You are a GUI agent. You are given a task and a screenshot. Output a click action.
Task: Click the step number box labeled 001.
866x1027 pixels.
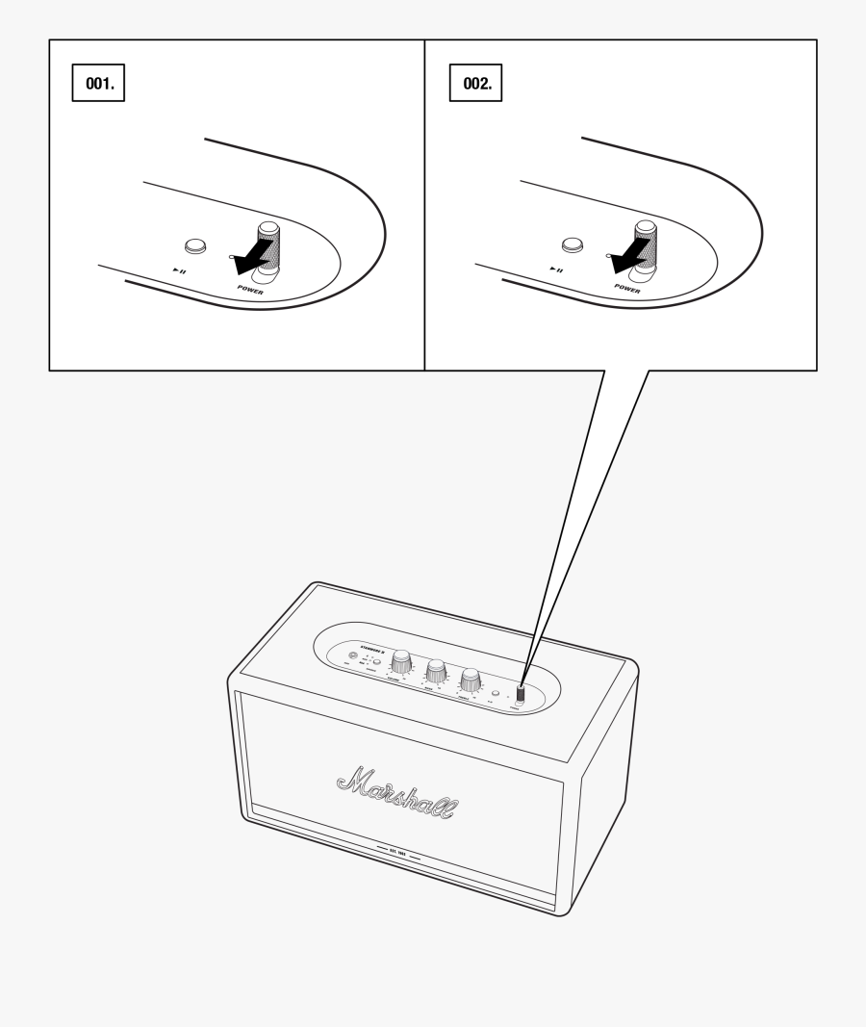pos(99,84)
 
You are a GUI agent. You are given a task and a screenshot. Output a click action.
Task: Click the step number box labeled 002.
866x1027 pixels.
pos(476,84)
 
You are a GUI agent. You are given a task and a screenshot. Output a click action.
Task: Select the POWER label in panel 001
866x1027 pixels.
pos(250,289)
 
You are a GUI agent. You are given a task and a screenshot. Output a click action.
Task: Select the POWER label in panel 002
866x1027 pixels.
pos(627,289)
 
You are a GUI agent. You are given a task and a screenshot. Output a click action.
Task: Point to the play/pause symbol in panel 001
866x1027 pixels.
pos(179,270)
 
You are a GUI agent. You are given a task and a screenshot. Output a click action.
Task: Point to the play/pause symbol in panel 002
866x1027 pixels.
pos(556,270)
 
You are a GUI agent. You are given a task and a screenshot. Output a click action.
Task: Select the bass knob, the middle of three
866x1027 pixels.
pos(436,671)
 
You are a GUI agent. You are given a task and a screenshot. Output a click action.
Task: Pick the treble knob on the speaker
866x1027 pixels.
pos(471,680)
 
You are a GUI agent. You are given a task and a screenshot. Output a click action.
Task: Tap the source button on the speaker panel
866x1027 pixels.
pos(376,663)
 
